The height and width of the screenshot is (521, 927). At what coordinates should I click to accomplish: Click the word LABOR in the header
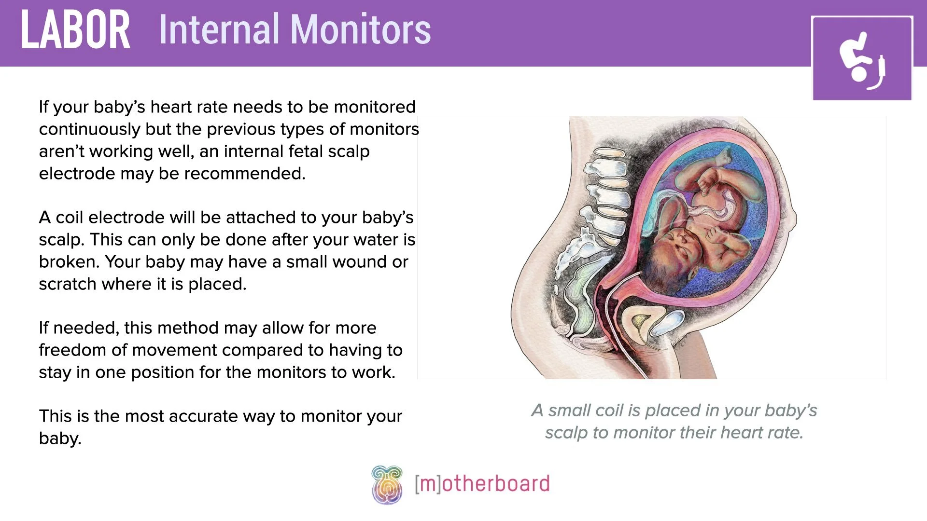75,30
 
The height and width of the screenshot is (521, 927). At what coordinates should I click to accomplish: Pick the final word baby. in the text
60,439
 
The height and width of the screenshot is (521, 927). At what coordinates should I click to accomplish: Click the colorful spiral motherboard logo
387,484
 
